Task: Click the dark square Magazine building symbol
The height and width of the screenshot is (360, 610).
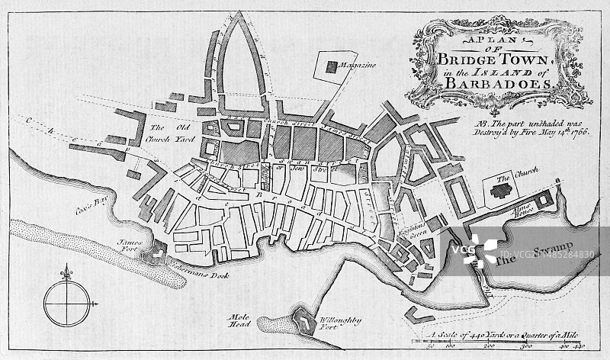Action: pyautogui.click(x=331, y=67)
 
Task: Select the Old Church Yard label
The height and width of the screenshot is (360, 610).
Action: pyautogui.click(x=169, y=133)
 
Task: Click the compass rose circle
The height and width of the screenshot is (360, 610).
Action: pyautogui.click(x=65, y=302)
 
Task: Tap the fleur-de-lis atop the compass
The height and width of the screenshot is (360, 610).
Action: pyautogui.click(x=66, y=272)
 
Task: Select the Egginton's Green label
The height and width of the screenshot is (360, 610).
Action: pyautogui.click(x=408, y=223)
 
